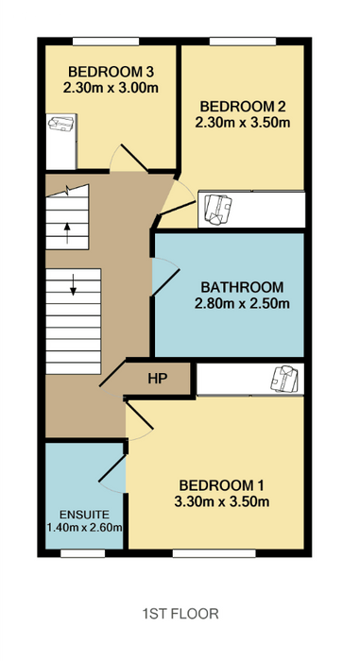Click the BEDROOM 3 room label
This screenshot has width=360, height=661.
pyautogui.click(x=111, y=71)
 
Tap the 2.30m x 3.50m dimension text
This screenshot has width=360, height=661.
pyautogui.click(x=243, y=123)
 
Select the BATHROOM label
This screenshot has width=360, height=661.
pyautogui.click(x=242, y=287)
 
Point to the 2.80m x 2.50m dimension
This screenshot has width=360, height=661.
pyautogui.click(x=242, y=303)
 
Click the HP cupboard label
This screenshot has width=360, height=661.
pyautogui.click(x=158, y=379)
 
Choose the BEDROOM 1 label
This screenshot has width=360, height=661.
pyautogui.click(x=221, y=485)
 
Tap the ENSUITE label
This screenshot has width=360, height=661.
pyautogui.click(x=84, y=515)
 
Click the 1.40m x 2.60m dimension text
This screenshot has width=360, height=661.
pyautogui.click(x=84, y=527)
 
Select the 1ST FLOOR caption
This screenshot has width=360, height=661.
pyautogui.click(x=180, y=614)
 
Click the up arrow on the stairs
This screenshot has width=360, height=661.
pyautogui.click(x=67, y=233)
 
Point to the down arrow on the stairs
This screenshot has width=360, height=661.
pyautogui.click(x=74, y=284)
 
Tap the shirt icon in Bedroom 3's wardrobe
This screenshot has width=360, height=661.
pyautogui.click(x=61, y=124)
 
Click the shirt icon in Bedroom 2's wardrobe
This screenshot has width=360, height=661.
pyautogui.click(x=218, y=209)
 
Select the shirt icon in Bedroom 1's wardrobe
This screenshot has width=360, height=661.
pyautogui.click(x=285, y=378)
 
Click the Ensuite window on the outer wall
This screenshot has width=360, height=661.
pyautogui.click(x=83, y=553)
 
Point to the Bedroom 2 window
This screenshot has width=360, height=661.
pyautogui.click(x=243, y=42)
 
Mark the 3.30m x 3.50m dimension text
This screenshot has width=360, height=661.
pyautogui.click(x=222, y=502)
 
